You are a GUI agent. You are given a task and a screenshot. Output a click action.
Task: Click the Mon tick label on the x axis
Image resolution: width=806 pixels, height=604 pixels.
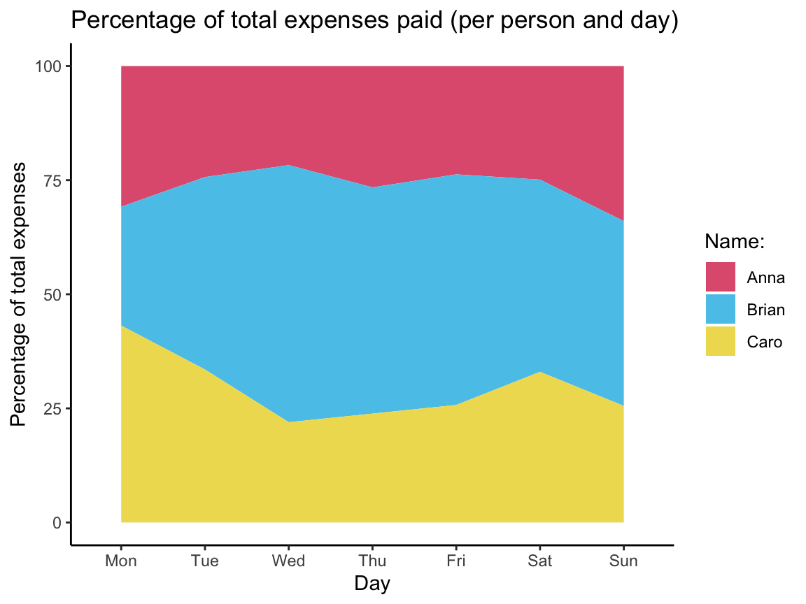[x=121, y=561]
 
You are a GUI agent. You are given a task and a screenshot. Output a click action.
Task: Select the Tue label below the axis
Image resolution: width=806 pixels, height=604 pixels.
[x=204, y=561]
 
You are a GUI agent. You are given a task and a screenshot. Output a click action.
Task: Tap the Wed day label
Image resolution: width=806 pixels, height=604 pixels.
[x=288, y=561]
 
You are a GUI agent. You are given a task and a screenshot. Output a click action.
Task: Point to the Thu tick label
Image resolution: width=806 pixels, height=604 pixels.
[x=372, y=561]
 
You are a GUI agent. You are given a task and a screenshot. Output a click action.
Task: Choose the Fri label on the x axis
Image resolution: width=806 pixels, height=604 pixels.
[x=456, y=561]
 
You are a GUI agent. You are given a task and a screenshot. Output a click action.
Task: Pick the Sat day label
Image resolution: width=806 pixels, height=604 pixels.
[x=539, y=561]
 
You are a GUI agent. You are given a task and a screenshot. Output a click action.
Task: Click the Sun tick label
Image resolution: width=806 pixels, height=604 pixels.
[x=623, y=561]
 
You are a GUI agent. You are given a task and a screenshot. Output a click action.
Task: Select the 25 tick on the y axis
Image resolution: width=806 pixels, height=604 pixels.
[x=53, y=408]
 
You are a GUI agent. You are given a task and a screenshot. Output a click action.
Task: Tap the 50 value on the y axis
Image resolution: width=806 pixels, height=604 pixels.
[x=53, y=294]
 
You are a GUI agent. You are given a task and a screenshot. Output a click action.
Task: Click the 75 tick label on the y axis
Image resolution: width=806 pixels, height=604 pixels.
[x=53, y=180]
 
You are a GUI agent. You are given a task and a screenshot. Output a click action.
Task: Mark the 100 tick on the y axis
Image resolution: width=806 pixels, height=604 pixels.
[x=49, y=66]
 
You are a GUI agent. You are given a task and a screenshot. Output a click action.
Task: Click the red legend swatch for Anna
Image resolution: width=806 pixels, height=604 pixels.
[x=720, y=277]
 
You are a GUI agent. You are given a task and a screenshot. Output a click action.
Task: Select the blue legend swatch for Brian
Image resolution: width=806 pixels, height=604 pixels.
[x=720, y=309]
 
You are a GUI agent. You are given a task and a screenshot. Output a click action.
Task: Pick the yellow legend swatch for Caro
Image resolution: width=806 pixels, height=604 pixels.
[x=720, y=341]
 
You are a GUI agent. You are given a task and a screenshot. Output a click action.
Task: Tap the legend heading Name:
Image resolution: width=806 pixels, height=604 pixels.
[x=734, y=242]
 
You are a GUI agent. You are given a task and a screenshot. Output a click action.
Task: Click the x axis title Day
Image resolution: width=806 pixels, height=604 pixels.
[x=372, y=584]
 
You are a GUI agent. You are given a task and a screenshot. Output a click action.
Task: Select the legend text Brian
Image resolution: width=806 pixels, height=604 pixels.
[x=766, y=310]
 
